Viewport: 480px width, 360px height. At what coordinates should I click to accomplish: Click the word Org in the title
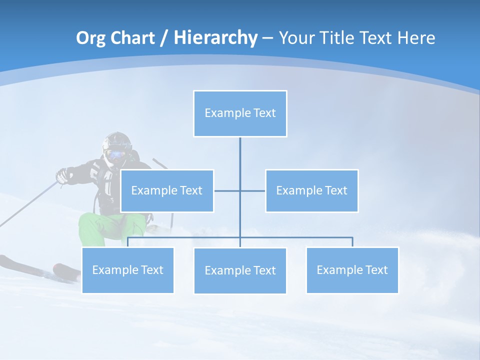click(90, 38)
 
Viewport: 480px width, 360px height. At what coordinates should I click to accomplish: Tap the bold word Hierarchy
click(215, 38)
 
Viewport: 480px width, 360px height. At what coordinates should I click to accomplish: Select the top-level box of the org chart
click(240, 113)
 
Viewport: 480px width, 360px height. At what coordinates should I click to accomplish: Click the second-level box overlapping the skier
click(167, 190)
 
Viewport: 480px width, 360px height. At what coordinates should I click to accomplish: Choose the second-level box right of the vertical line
click(311, 190)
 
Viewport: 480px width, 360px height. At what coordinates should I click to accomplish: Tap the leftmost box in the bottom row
click(127, 270)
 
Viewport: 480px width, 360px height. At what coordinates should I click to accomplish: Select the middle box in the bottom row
click(240, 270)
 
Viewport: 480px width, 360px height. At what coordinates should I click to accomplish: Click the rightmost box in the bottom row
click(352, 270)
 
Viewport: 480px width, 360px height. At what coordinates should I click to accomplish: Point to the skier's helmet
click(117, 140)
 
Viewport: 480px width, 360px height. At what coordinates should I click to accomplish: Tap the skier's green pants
click(100, 227)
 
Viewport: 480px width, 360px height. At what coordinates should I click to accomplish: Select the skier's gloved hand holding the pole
click(62, 175)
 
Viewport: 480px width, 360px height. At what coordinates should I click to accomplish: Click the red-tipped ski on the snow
click(66, 270)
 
